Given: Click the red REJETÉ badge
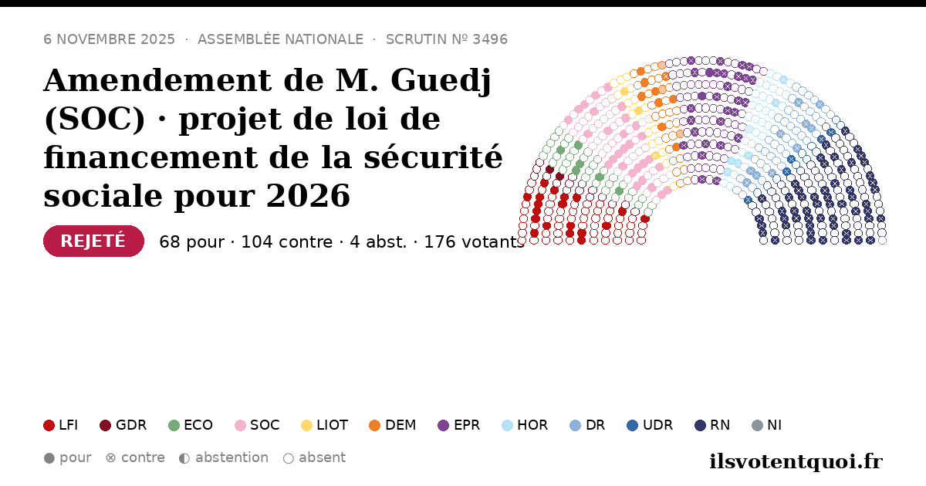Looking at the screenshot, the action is pos(93,241).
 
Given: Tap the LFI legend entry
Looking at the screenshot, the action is pos(61,425).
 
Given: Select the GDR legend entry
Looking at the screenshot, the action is pos(123,425).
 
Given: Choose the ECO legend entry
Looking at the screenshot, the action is pos(191,425).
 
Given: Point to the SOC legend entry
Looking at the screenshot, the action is pos(257,425).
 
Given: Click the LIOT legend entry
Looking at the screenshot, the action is pos(325,425).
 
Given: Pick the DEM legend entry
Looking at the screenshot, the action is pos(392,425).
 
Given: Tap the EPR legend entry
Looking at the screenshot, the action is pos(459,425).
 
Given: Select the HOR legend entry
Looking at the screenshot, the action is pos(525,425).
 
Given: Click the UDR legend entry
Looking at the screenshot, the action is pos(650,425).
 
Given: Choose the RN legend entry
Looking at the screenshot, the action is pos(712,425).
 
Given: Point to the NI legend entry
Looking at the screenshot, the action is pos(766,425).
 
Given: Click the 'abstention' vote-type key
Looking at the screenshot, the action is pos(224,458).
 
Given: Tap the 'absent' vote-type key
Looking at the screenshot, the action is pos(314,458).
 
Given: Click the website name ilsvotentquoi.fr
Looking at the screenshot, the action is pos(796,461).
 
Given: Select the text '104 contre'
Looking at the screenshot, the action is pos(287,242).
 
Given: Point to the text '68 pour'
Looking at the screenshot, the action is pos(192,242).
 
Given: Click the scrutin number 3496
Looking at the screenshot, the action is pos(490,39).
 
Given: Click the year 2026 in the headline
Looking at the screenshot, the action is pos(308,195).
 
